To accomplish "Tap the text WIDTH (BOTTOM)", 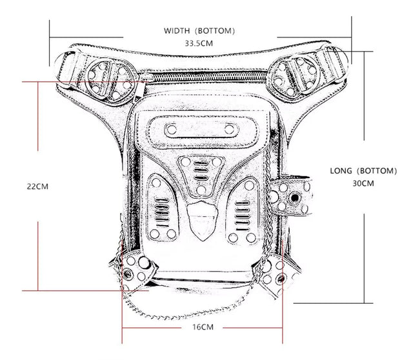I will tap(199, 30).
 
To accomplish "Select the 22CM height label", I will tap(37, 186).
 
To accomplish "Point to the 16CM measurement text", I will tap(202, 327).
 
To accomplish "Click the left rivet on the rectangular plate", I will tap(172, 130).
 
